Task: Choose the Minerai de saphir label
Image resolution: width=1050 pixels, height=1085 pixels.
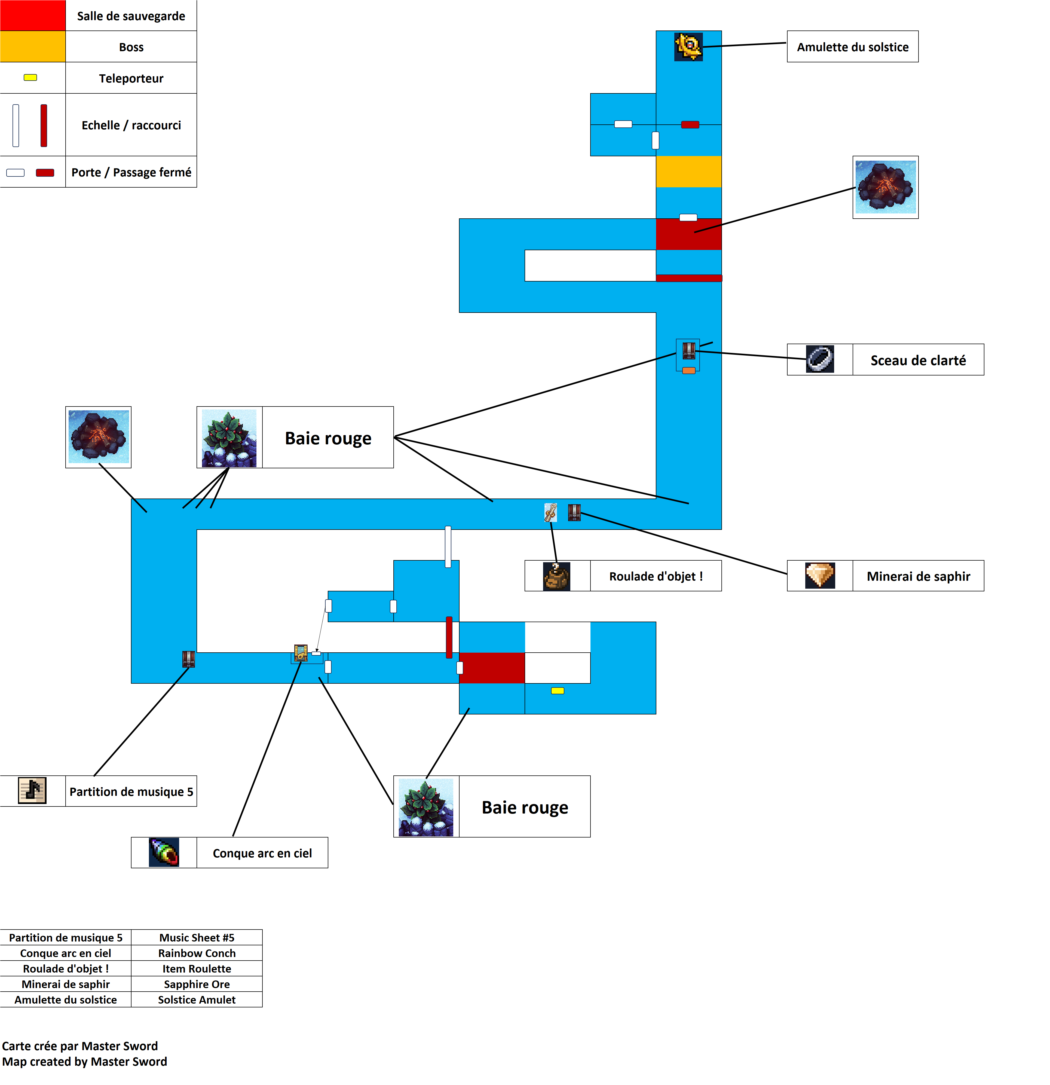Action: (918, 576)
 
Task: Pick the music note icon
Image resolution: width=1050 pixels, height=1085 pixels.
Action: (32, 790)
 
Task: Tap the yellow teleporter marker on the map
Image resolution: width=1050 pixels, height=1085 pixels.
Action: (557, 690)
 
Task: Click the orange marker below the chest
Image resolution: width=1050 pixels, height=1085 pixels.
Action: (688, 370)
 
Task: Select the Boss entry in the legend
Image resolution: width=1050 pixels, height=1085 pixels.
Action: (131, 47)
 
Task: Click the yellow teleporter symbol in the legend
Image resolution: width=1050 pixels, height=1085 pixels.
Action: (30, 78)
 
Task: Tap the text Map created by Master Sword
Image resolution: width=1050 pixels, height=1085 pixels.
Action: (85, 1061)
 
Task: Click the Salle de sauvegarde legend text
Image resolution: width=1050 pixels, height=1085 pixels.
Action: (131, 16)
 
